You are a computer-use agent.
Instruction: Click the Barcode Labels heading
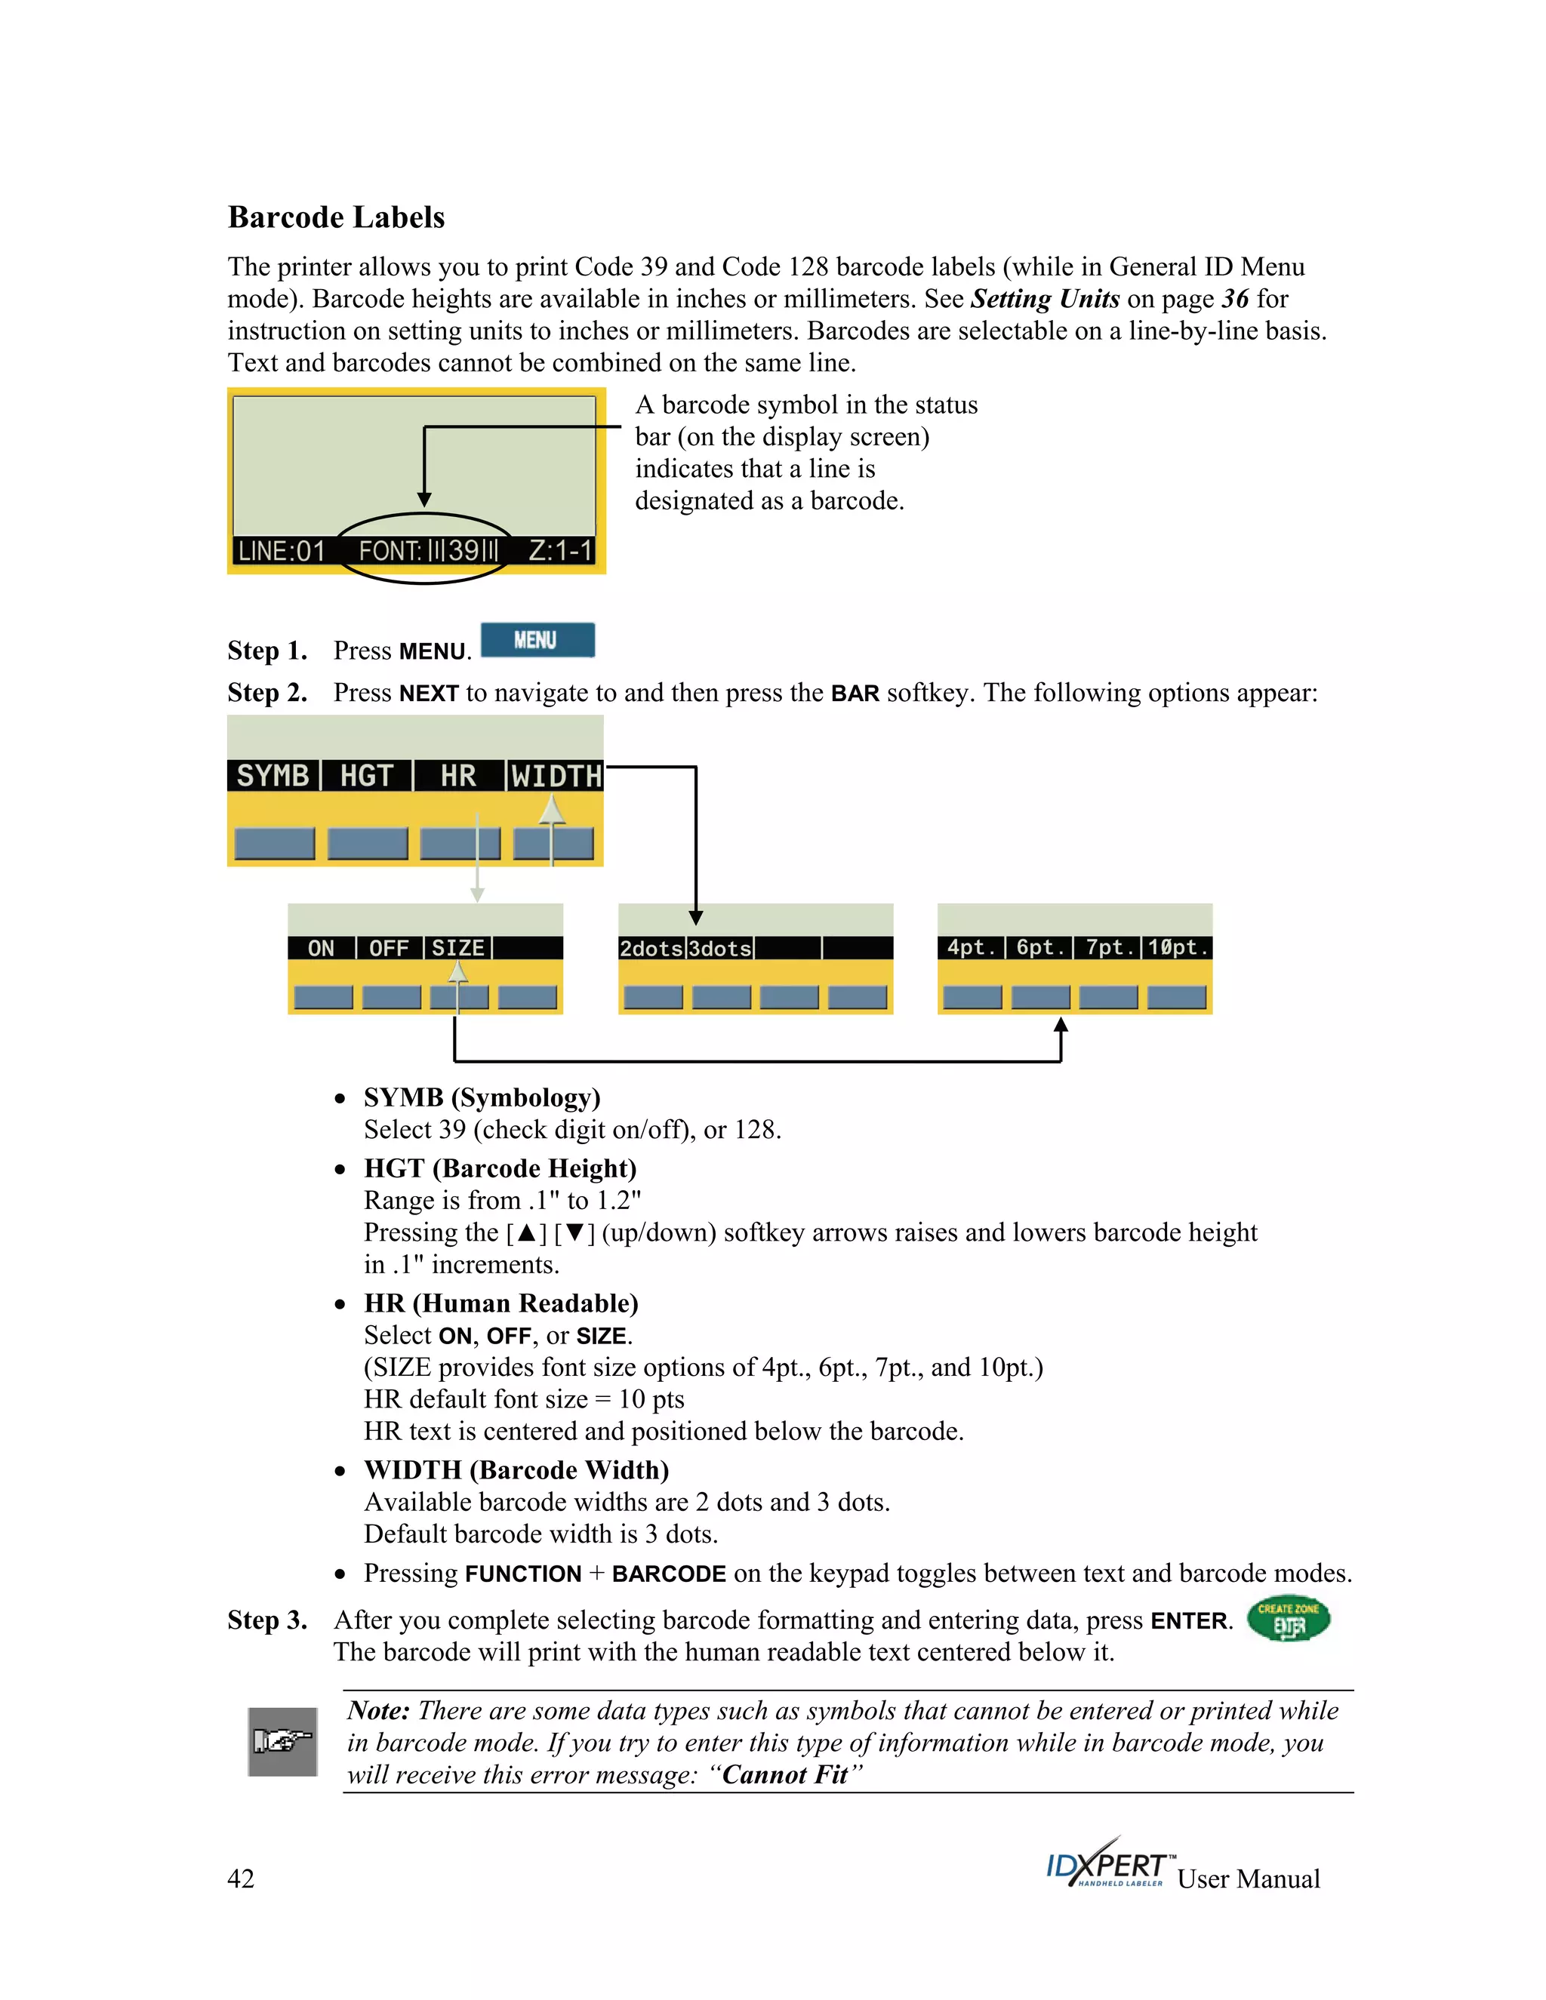336,217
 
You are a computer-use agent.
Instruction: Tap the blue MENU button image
537,640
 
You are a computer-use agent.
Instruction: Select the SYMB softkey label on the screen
273,776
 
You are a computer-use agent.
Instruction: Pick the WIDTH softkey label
556,776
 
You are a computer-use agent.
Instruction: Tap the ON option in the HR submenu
321,948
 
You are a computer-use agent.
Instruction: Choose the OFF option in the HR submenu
388,948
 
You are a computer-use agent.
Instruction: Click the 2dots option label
651,949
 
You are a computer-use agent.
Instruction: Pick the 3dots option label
720,949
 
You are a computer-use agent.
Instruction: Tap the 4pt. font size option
971,947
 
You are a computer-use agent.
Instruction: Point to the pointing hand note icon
283,1741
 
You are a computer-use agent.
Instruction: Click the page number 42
241,1878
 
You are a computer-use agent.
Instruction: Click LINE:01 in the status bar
281,550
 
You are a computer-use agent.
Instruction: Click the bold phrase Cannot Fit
785,1775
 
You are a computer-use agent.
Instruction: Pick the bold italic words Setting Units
1045,299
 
